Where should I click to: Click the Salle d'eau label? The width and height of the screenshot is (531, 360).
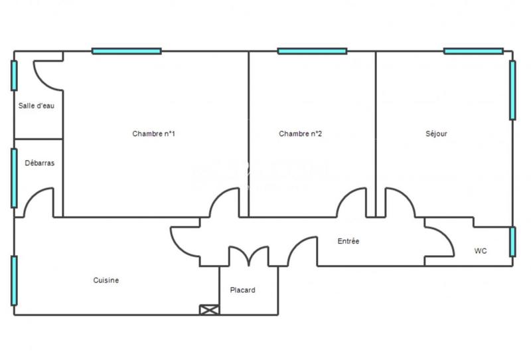pos(37,106)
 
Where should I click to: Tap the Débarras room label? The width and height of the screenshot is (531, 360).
pos(40,163)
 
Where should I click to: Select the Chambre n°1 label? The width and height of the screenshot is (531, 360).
pos(153,134)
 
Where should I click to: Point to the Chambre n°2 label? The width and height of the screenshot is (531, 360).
pos(300,134)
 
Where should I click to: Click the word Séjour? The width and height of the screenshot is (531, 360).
pos(436,134)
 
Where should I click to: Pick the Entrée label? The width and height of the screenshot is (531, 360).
pos(348,241)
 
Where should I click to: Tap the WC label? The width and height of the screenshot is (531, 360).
pos(481,251)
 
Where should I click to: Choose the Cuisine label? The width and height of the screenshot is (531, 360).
pos(106,280)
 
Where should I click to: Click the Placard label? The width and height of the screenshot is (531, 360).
pos(242,290)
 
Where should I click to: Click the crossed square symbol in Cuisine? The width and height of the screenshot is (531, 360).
pos(208,310)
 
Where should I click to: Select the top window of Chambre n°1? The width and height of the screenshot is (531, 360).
pos(126,50)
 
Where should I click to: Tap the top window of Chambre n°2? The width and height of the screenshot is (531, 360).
pos(312,50)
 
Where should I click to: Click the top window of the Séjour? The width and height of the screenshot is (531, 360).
pos(473,50)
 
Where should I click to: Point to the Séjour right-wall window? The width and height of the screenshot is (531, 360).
pos(512,90)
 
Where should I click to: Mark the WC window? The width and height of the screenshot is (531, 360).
pos(512,242)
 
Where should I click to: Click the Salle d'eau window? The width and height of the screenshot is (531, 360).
pos(14,76)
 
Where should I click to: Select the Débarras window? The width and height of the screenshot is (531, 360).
pos(14,177)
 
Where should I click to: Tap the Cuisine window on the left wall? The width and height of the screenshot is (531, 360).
pos(14,281)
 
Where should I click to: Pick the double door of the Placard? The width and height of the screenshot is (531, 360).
pos(249,256)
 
